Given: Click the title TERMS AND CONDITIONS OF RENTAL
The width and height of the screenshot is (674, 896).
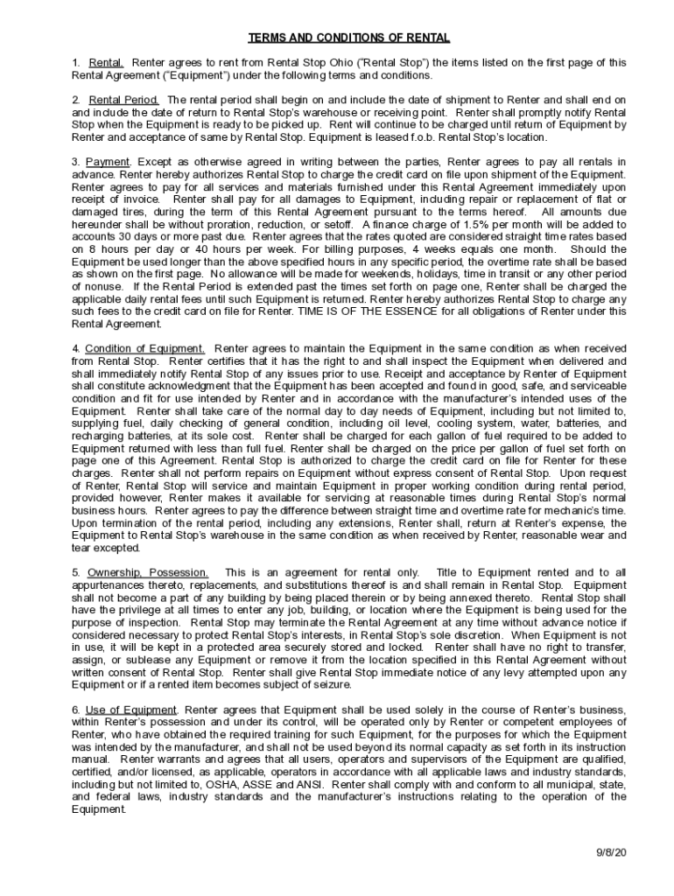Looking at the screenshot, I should click(349, 38).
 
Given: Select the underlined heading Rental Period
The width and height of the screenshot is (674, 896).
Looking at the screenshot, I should click(123, 100).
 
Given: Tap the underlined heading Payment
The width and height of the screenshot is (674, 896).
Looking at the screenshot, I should click(108, 162).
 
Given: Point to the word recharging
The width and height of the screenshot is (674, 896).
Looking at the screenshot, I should click(100, 435).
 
